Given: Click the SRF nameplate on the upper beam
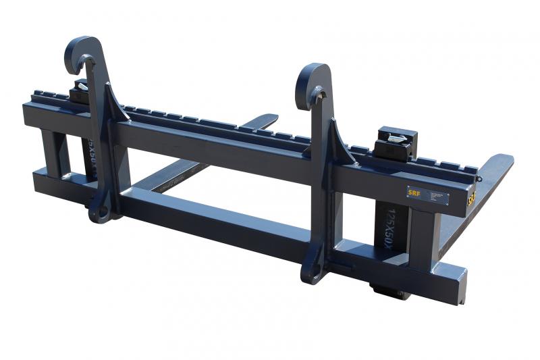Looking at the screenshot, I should point(427,195).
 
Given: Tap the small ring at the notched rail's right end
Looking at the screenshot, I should point(478,178).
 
